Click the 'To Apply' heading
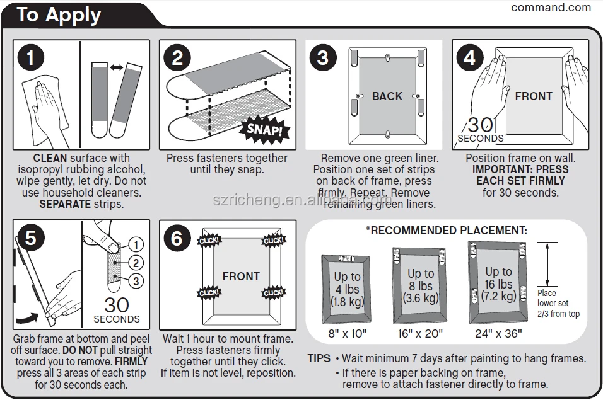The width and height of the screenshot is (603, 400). click(x=59, y=14)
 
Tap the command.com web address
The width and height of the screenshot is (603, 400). click(x=551, y=8)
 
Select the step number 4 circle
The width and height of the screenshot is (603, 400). click(x=469, y=57)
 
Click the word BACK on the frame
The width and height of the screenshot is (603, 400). click(x=387, y=96)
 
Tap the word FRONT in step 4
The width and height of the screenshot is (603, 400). click(x=533, y=96)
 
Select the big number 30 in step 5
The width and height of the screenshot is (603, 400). click(x=116, y=305)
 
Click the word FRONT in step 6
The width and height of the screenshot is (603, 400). click(x=240, y=277)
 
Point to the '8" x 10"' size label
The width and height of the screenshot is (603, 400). click(x=346, y=333)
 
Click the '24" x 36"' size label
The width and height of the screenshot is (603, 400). click(x=498, y=333)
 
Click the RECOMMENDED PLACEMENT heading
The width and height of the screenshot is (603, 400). click(x=447, y=231)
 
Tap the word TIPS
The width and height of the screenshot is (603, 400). click(x=319, y=358)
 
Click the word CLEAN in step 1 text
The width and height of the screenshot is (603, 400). click(x=50, y=158)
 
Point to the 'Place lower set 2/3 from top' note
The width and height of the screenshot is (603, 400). click(x=558, y=303)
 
